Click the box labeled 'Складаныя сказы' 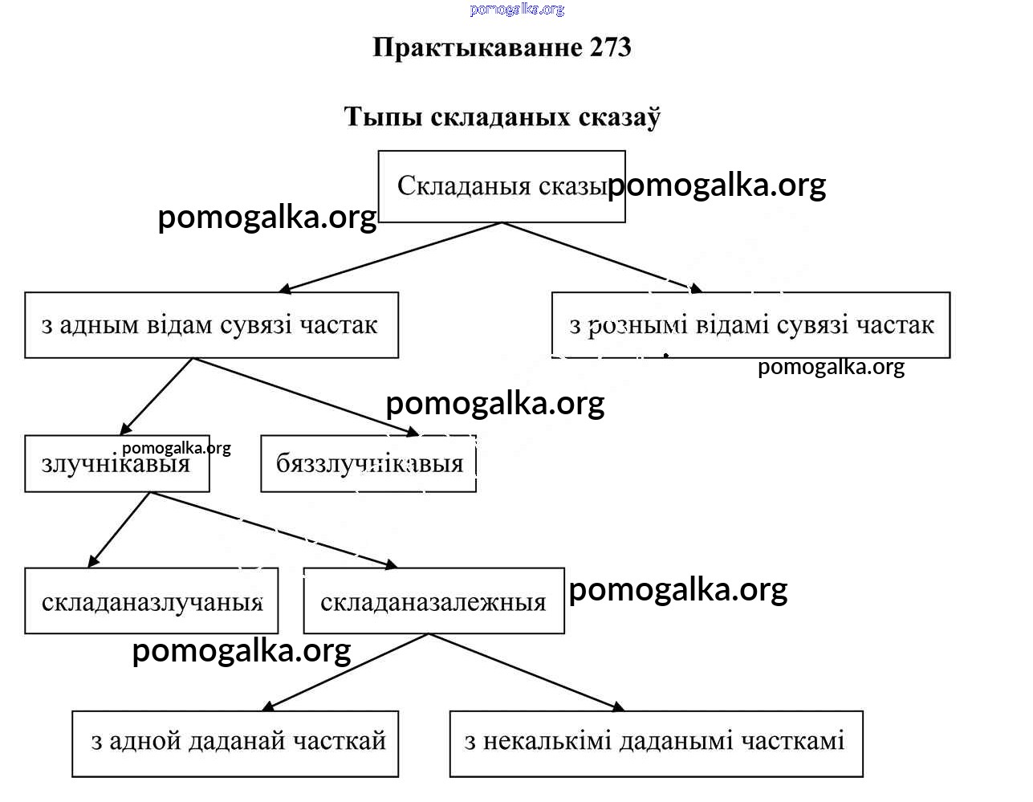point(501,186)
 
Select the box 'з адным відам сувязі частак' point(211,325)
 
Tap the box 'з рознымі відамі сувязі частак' point(750,325)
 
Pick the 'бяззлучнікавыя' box point(368,464)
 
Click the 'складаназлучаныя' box point(152,602)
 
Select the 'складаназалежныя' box point(433,602)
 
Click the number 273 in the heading point(610,47)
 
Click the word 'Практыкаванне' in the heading point(478,47)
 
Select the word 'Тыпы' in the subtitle point(384,117)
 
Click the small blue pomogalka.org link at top point(517,10)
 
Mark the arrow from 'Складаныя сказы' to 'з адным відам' point(391,257)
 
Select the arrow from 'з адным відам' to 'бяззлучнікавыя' point(306,397)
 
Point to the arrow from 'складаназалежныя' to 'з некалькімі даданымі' point(527,672)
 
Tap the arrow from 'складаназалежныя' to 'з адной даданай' point(347,672)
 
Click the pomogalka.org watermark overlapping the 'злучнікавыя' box point(177,448)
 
